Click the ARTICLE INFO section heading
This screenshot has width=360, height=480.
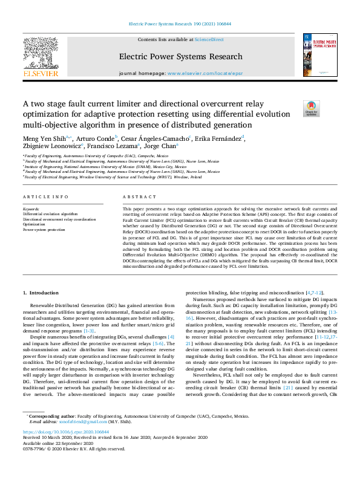[x=46, y=198]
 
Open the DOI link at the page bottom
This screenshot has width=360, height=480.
[x=67, y=432]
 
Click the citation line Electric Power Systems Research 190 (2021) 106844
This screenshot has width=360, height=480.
[x=180, y=24]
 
